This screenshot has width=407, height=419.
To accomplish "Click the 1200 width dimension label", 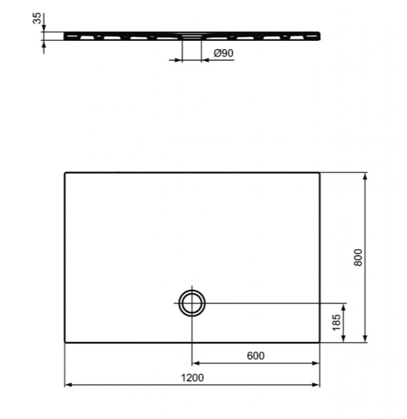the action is coord(192,378).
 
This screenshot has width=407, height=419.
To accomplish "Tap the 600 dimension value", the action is coord(255,356).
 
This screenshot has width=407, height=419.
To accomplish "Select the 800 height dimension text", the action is coord(358,258).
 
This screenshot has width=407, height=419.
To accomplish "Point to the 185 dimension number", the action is coord(336,322).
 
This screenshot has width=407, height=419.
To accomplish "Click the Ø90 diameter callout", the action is coord(223,53).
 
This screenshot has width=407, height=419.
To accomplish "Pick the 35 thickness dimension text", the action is coord(37,18).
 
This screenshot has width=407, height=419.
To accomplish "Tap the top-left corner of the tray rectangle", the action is coord(65,172).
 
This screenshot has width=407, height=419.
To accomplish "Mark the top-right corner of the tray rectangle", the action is coord(320,172).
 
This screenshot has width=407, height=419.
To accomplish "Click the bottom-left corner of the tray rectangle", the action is coord(65,342).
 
